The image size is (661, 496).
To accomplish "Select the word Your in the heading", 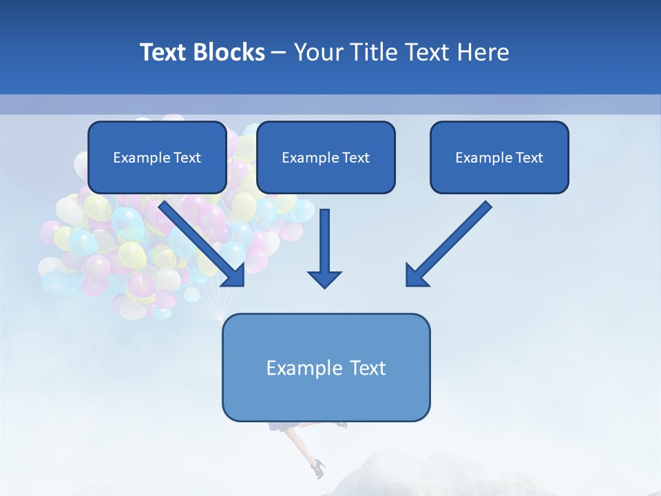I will click(x=318, y=52).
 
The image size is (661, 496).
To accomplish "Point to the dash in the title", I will click(x=279, y=53).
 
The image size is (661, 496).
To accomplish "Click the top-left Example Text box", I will click(x=157, y=157).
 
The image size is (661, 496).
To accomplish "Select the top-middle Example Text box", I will click(x=326, y=157).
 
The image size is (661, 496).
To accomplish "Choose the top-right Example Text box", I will click(x=499, y=157).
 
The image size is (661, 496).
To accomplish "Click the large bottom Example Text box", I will click(x=326, y=367).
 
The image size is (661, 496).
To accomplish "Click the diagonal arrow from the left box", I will click(x=200, y=241).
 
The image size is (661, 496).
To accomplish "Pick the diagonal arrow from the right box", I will click(x=451, y=241).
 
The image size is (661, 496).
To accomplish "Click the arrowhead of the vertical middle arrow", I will click(x=324, y=278).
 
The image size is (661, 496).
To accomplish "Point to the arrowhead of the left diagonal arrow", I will click(x=234, y=275).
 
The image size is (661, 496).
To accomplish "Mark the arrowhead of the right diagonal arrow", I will click(x=417, y=275).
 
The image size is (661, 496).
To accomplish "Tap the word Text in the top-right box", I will click(x=529, y=158).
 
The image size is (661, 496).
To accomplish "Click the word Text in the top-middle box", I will click(x=355, y=158).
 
